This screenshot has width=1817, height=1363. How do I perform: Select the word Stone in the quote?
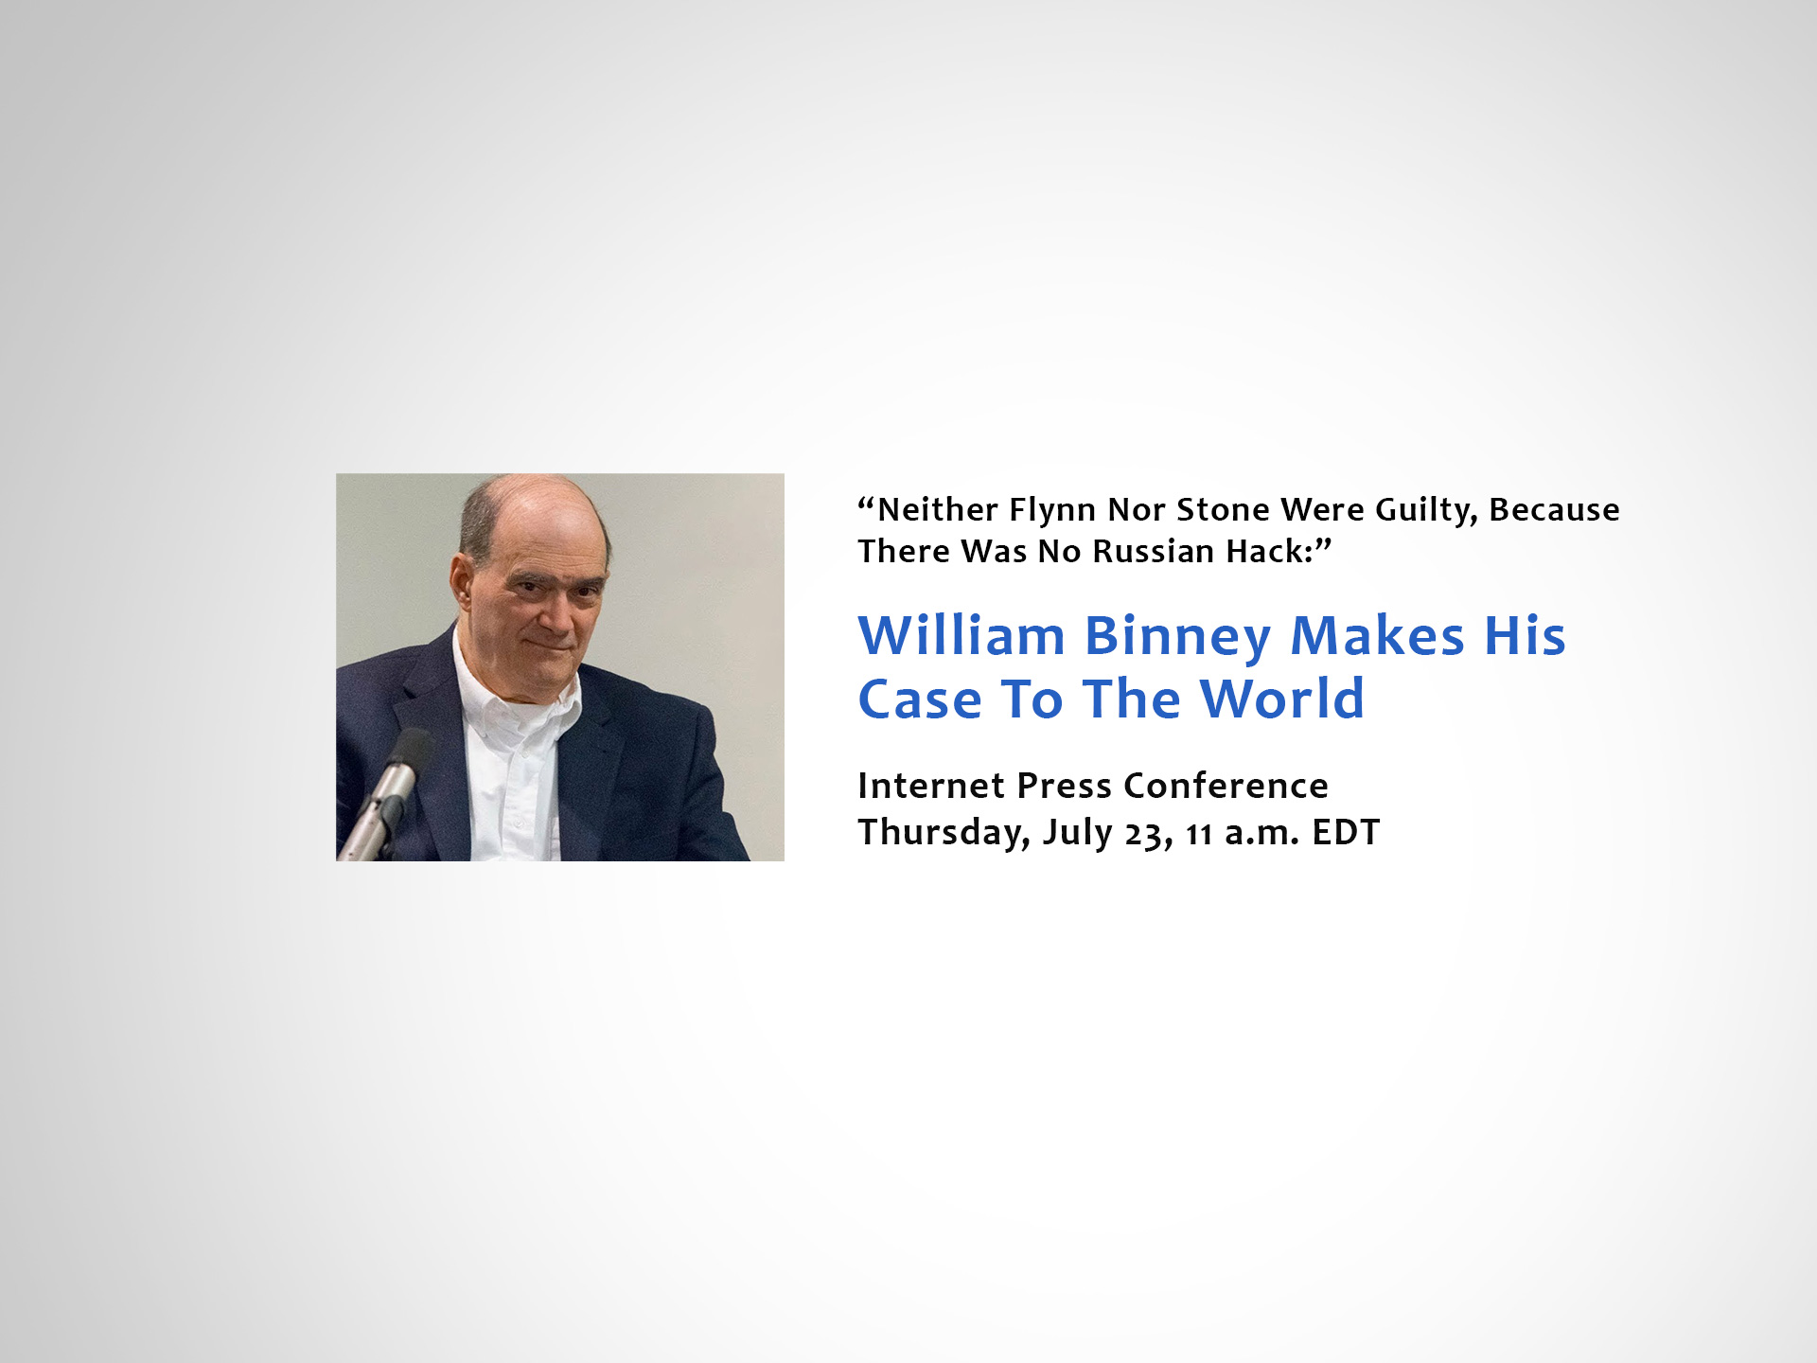[x=1223, y=509]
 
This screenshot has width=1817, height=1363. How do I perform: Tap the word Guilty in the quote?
[x=1426, y=511]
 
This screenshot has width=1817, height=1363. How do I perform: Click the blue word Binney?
[x=1178, y=637]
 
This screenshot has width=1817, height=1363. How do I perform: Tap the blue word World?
[x=1282, y=699]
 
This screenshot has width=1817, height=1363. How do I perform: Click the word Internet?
[x=931, y=786]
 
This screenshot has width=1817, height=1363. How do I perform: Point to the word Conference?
[x=1226, y=786]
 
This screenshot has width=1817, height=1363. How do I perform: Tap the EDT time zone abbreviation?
[x=1346, y=833]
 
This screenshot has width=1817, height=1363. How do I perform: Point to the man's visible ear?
[x=463, y=588]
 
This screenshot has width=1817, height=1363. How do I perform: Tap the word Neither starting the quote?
[x=938, y=509]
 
